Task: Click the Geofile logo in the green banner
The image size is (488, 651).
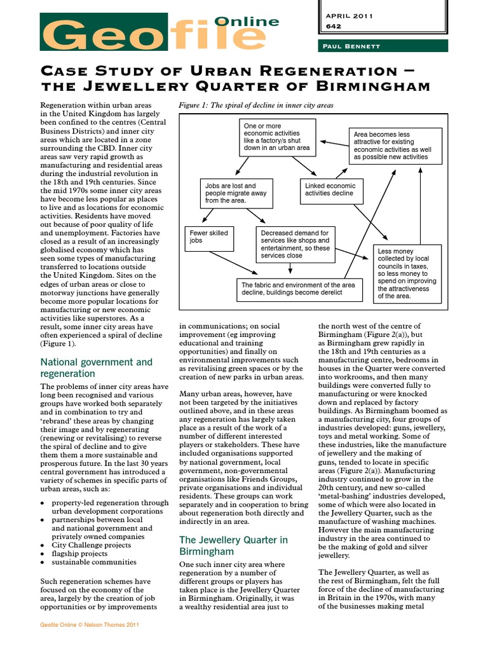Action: pyautogui.click(x=159, y=36)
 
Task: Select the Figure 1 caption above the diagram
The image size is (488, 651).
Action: pyautogui.click(x=257, y=105)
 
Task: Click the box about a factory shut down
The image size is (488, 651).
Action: pyautogui.click(x=277, y=137)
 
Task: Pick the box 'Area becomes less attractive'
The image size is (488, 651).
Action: pyautogui.click(x=395, y=146)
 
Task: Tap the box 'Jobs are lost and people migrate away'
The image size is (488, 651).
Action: pyautogui.click(x=235, y=193)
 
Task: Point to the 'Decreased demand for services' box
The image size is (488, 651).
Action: pyautogui.click(x=296, y=244)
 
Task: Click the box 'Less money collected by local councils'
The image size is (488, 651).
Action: pyautogui.click(x=407, y=273)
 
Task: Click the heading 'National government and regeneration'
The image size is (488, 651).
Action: pyautogui.click(x=97, y=367)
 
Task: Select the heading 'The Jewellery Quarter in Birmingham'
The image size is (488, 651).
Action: pyautogui.click(x=233, y=545)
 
